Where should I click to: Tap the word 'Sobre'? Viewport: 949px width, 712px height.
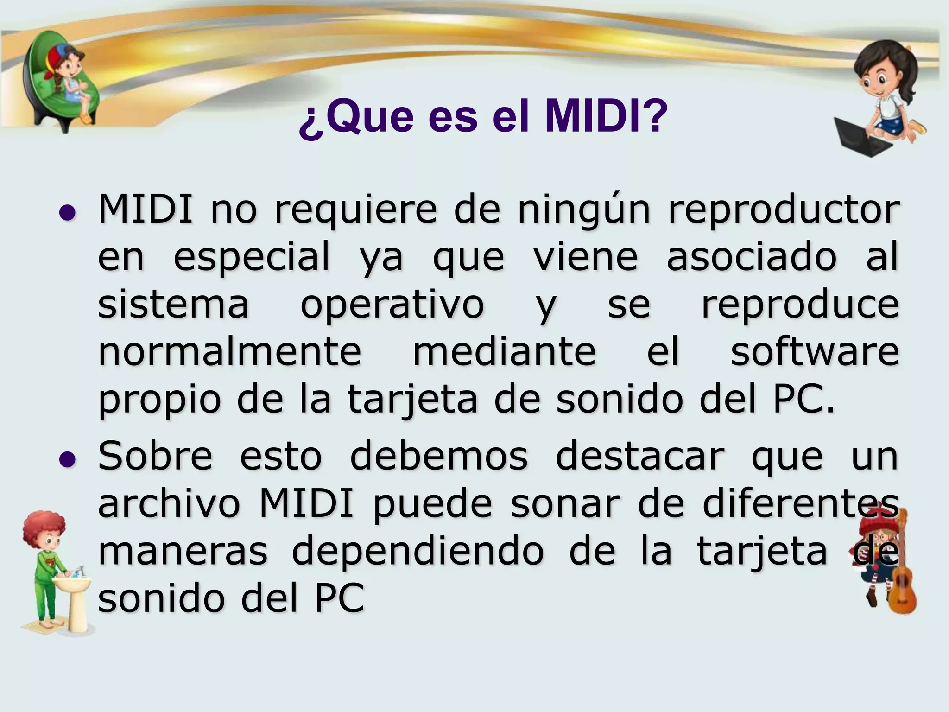tap(155, 456)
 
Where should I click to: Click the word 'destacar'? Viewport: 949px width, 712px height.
tap(639, 456)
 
